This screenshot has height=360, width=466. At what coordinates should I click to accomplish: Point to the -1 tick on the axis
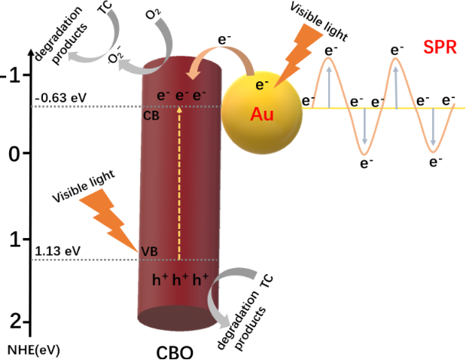[x=13, y=74]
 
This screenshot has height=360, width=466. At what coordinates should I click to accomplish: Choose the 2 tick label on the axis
[x=15, y=322]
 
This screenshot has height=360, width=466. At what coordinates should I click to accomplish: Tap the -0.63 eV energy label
[x=56, y=96]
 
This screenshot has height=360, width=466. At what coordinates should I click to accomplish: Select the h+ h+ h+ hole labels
[x=179, y=281]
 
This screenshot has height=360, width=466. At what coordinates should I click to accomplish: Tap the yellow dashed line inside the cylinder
[x=179, y=181]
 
